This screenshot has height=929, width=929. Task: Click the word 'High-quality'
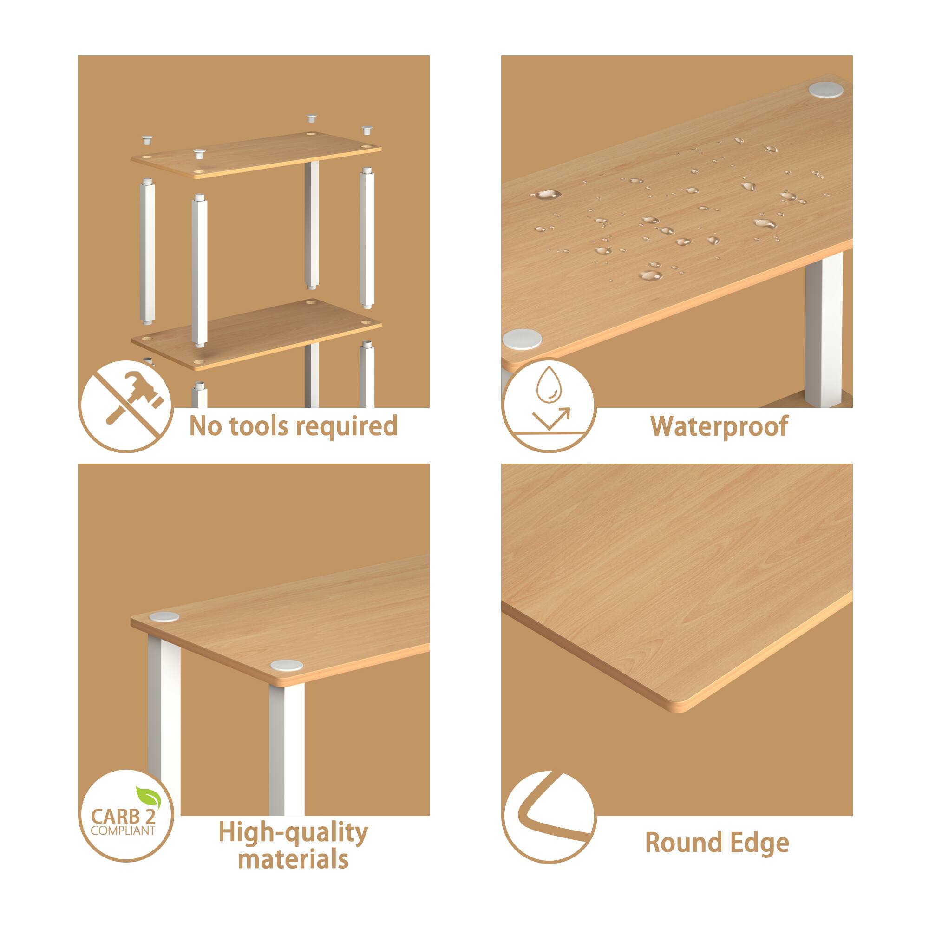click(x=293, y=833)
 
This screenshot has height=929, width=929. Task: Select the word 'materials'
click(x=293, y=859)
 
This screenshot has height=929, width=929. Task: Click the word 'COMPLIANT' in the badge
click(x=123, y=831)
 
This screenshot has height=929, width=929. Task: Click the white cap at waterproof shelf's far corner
click(x=825, y=90)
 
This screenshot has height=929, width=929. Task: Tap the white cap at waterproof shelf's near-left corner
click(x=522, y=339)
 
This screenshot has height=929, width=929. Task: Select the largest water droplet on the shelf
click(x=546, y=195)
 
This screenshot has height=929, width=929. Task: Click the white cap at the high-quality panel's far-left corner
click(x=164, y=617)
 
